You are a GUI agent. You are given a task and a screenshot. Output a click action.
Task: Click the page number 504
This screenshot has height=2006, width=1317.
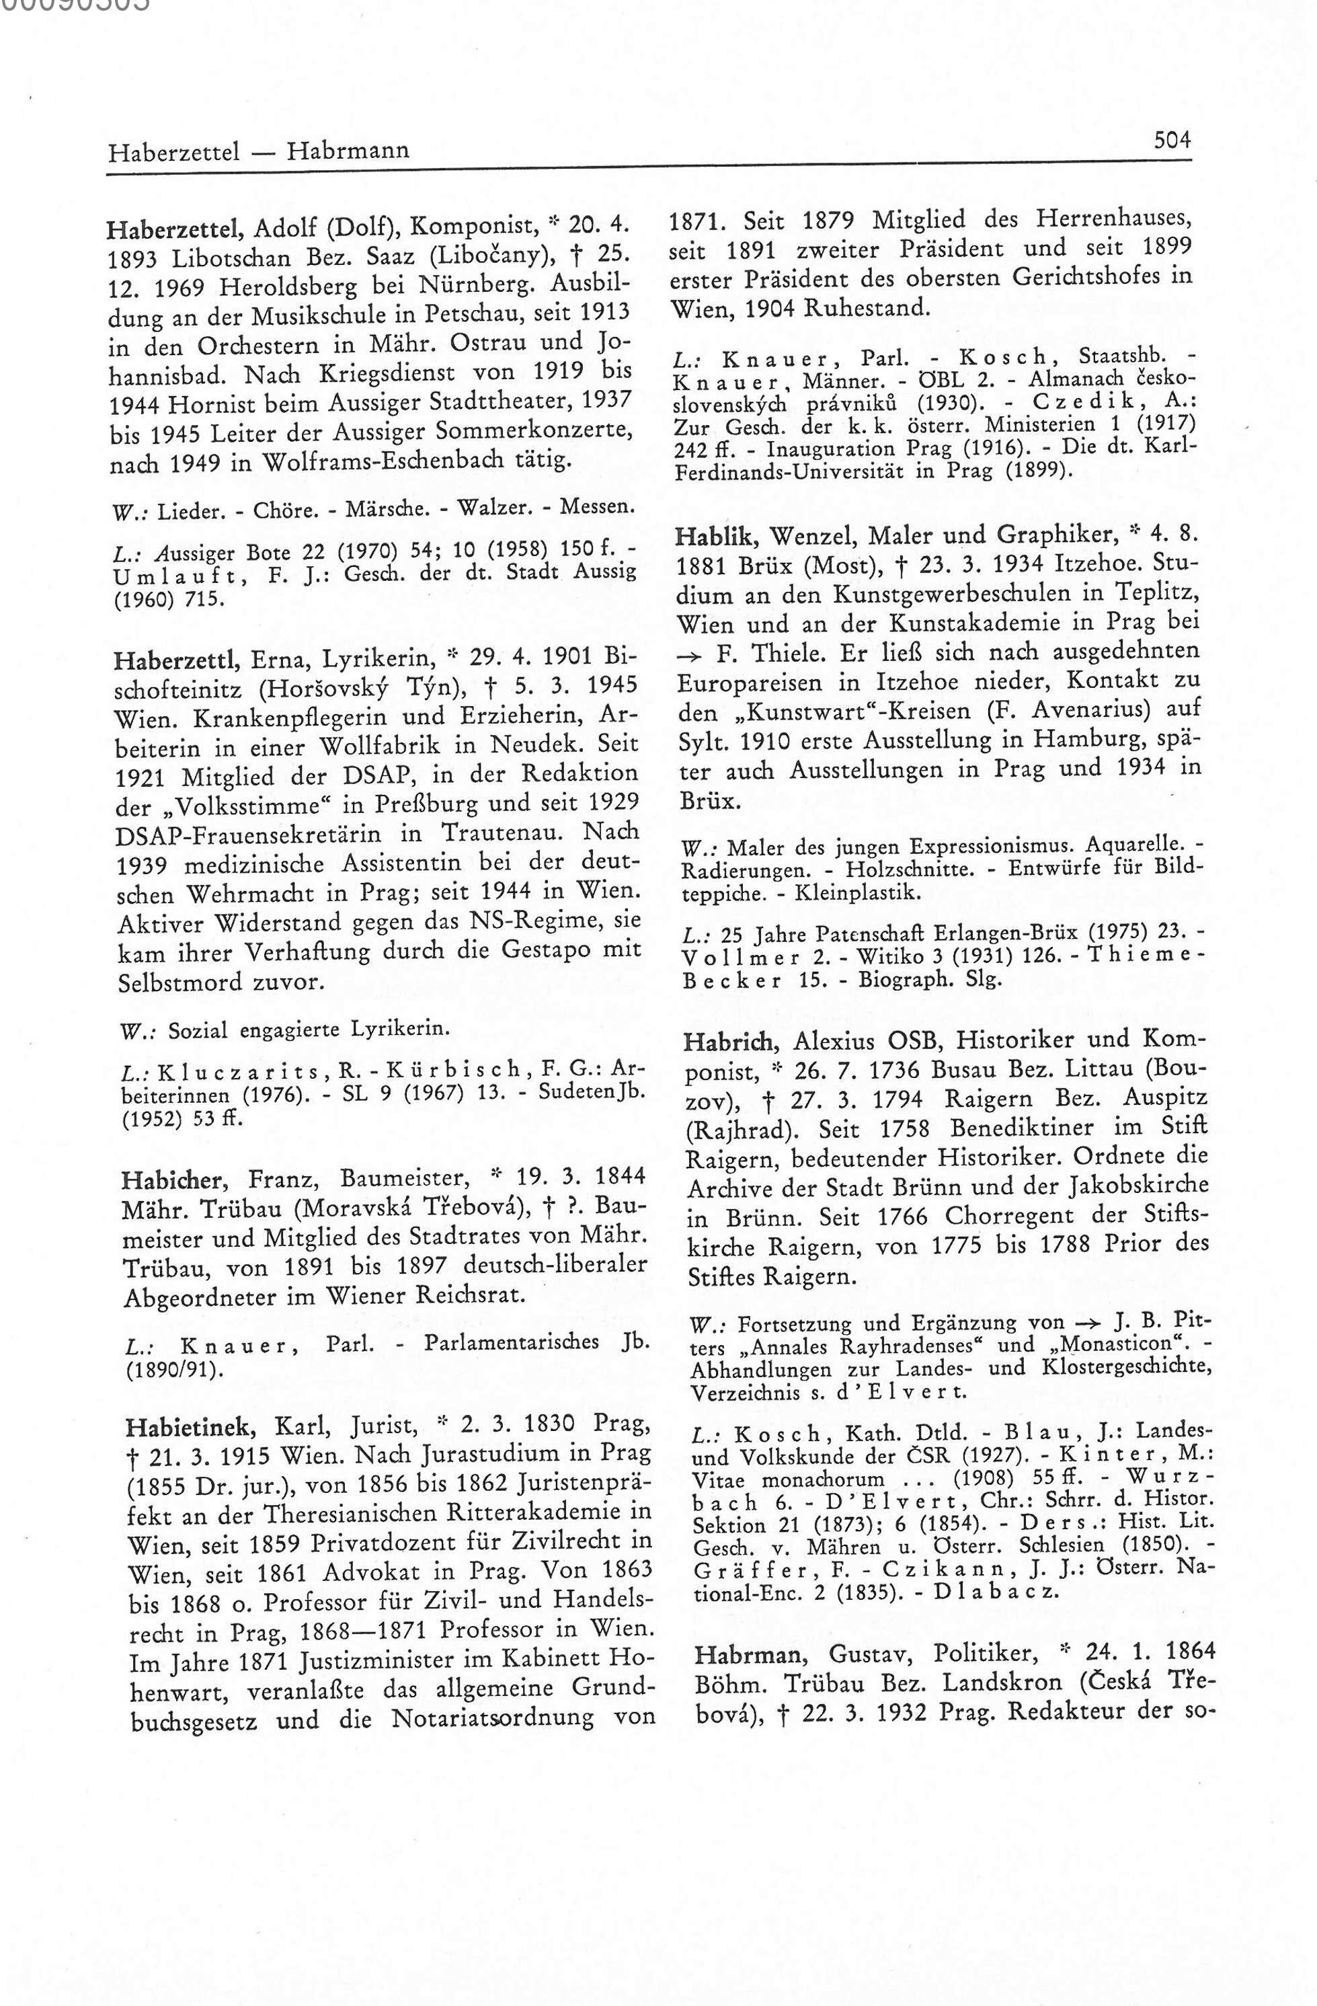point(1172,140)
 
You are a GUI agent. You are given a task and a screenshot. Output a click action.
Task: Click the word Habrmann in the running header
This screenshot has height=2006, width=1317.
point(348,151)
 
